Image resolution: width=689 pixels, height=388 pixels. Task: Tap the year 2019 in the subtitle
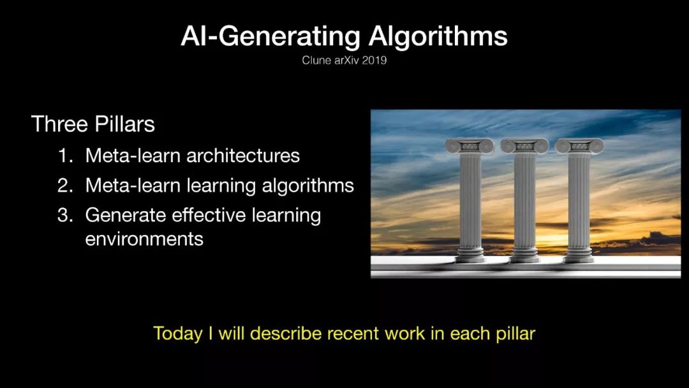(x=374, y=60)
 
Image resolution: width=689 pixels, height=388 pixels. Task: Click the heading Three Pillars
(x=93, y=124)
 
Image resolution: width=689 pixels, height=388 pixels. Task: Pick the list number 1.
(x=66, y=156)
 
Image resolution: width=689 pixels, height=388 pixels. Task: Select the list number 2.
(x=66, y=186)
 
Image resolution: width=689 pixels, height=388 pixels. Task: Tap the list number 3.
(x=66, y=215)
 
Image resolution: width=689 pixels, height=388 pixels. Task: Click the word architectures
(x=243, y=156)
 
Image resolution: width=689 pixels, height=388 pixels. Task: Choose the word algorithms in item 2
(x=307, y=186)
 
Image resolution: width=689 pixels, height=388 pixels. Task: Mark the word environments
(x=144, y=239)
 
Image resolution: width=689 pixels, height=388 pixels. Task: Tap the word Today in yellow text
(x=177, y=334)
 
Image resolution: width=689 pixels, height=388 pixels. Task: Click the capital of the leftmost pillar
(x=470, y=146)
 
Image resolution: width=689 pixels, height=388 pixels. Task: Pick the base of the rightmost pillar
(x=579, y=255)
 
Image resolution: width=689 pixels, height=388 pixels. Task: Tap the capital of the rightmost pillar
(x=579, y=146)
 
